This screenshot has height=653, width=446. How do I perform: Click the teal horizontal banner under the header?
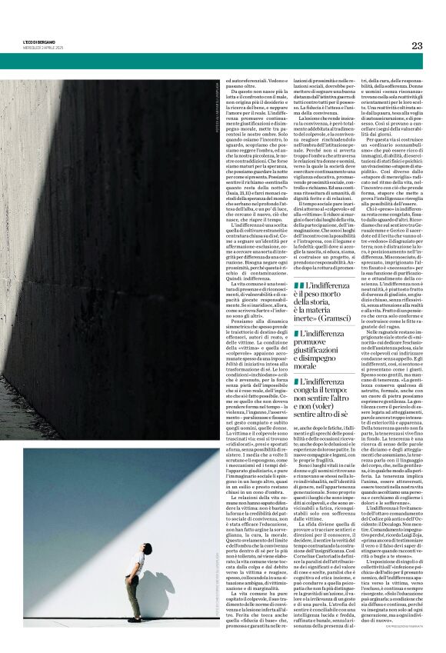[223, 61]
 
